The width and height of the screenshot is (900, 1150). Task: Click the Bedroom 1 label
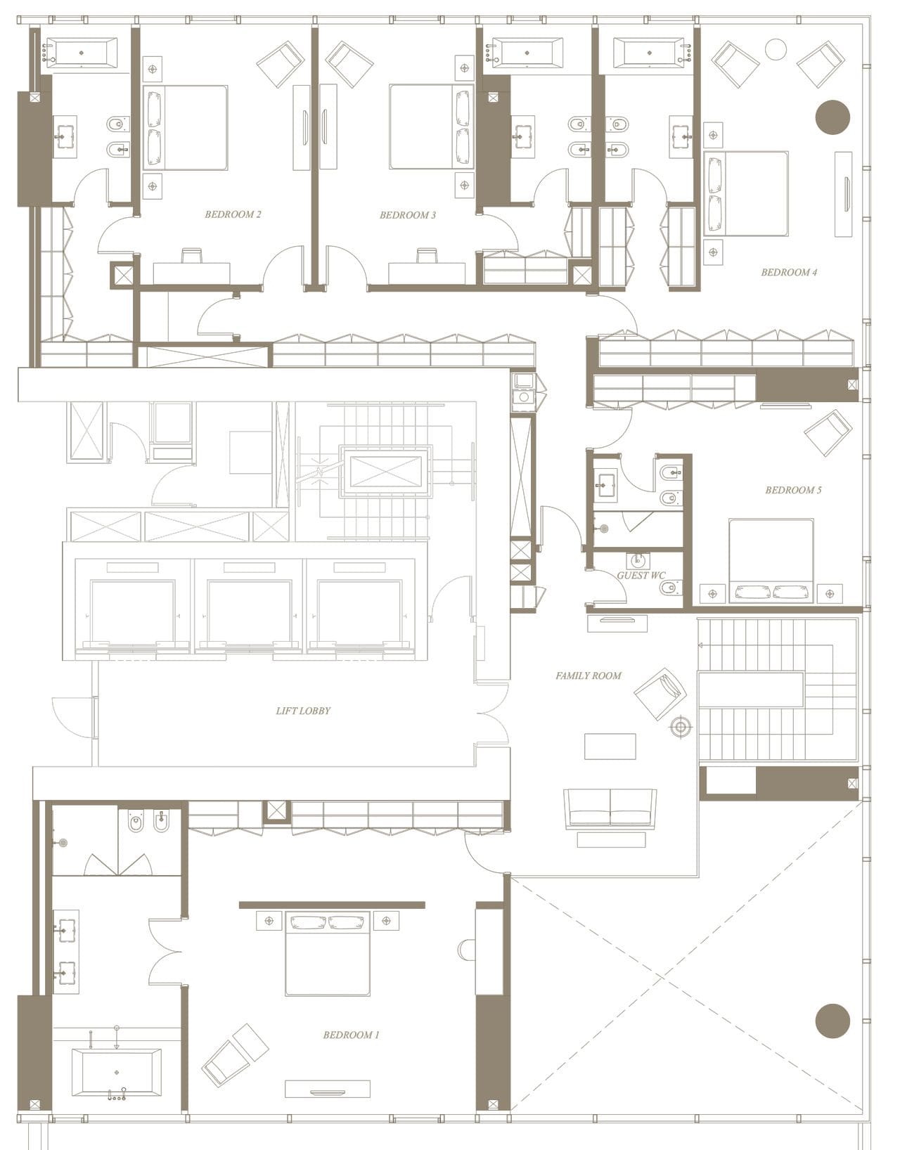pyautogui.click(x=351, y=1035)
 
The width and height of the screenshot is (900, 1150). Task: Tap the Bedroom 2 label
pyautogui.click(x=233, y=214)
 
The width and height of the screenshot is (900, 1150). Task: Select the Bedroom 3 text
pyautogui.click(x=408, y=215)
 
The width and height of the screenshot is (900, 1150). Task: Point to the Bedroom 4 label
pyautogui.click(x=789, y=272)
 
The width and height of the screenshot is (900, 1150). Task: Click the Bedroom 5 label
pyautogui.click(x=793, y=490)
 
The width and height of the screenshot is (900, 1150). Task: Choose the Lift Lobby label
pyautogui.click(x=303, y=711)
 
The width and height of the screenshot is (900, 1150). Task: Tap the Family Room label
pyautogui.click(x=589, y=676)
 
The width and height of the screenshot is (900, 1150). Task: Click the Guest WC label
pyautogui.click(x=641, y=575)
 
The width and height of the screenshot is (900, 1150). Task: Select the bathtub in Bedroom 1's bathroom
pyautogui.click(x=117, y=1073)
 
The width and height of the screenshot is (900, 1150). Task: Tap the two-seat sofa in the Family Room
pyautogui.click(x=610, y=807)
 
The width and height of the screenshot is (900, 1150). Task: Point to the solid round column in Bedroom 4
pyautogui.click(x=832, y=117)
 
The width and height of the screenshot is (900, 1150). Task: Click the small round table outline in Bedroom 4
pyautogui.click(x=776, y=49)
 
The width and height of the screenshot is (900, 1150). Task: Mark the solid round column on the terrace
pyautogui.click(x=832, y=1020)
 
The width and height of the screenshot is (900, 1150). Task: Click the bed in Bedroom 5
pyautogui.click(x=771, y=560)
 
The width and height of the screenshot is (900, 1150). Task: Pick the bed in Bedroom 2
pyautogui.click(x=186, y=128)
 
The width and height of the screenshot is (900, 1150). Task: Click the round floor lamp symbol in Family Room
pyautogui.click(x=680, y=728)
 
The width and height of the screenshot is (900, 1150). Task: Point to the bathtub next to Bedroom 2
pyautogui.click(x=82, y=53)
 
